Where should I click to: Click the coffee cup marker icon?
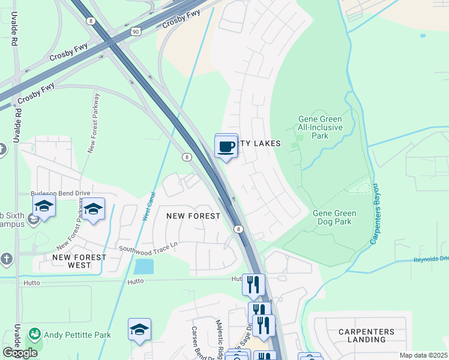point(226,146)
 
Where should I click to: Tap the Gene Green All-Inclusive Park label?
point(321,127)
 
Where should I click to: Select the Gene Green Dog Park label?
point(334,217)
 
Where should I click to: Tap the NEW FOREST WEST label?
point(79,260)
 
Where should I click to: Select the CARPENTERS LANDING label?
point(366,335)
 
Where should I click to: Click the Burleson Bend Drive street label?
point(60,194)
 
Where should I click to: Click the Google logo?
point(19,352)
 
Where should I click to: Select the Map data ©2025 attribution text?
point(423,355)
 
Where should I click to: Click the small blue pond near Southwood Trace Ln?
point(144,266)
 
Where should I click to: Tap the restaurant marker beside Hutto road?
point(253,284)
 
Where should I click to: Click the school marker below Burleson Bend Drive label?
point(93,209)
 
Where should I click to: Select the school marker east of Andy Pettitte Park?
point(139,329)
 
